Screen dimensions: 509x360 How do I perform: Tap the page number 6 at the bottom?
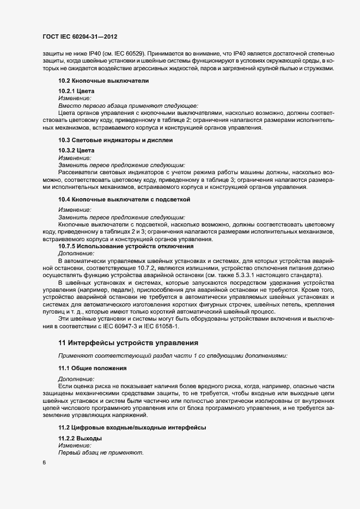click(44, 463)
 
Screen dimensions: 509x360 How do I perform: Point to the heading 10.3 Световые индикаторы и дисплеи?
click(115, 140)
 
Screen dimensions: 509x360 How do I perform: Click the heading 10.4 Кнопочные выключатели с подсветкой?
click(124, 199)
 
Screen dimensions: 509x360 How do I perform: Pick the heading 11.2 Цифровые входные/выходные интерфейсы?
click(132, 428)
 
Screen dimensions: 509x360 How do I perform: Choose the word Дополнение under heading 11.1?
click(76, 378)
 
